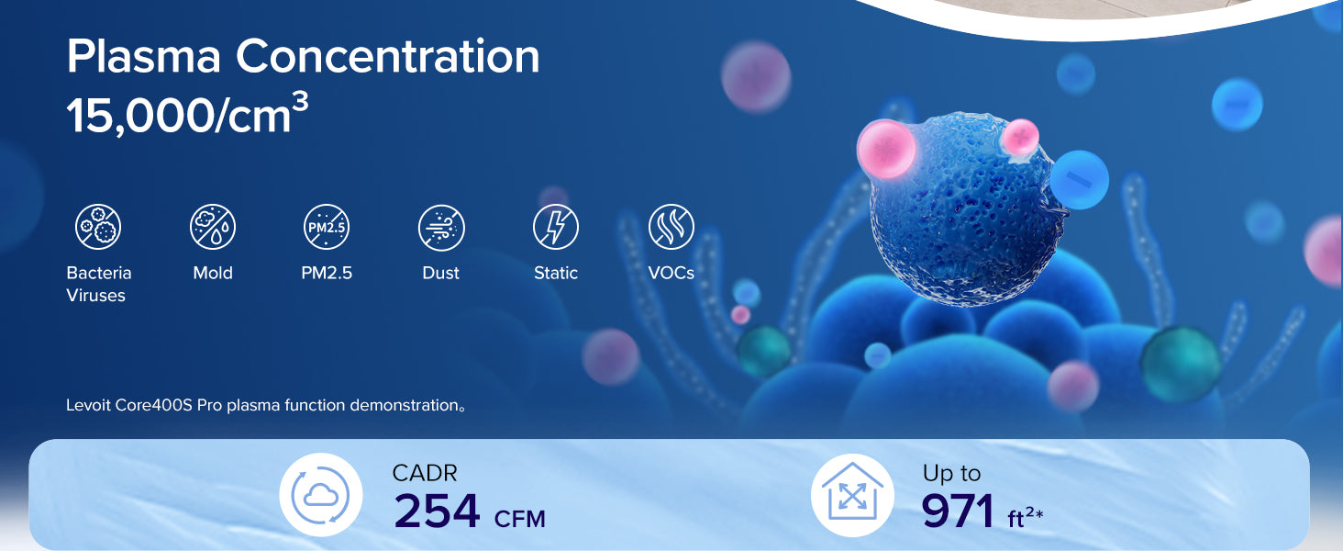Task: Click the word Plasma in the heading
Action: (144, 56)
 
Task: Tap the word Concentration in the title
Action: (387, 56)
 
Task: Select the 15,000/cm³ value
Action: (187, 114)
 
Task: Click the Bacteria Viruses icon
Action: (98, 227)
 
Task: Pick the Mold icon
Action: (213, 227)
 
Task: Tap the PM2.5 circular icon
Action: (327, 227)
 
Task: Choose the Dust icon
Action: (441, 228)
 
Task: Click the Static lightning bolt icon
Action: (556, 227)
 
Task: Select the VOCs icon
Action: (671, 227)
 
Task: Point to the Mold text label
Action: (213, 273)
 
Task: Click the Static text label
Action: (556, 273)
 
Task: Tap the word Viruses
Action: (96, 296)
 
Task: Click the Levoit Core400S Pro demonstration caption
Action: (266, 405)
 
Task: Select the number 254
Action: (437, 511)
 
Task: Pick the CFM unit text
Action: (520, 519)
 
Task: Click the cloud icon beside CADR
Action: (321, 495)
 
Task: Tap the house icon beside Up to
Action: (852, 495)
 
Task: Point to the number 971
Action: (958, 511)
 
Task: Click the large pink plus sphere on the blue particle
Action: (886, 149)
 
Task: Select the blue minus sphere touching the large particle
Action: (1079, 179)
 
